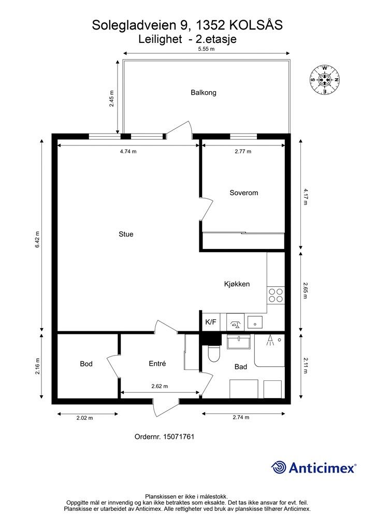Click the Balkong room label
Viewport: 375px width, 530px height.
[x=203, y=93]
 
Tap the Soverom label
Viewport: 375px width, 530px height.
[x=243, y=193]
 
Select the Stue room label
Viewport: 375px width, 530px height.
[x=126, y=234]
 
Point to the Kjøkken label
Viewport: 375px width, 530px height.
[x=237, y=284]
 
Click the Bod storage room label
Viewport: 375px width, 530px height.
[x=86, y=364]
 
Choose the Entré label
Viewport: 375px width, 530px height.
[x=157, y=363]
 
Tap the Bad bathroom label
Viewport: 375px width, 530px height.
[x=240, y=367]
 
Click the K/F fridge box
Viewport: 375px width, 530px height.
[x=211, y=322]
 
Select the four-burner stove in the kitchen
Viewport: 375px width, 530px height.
[x=275, y=296]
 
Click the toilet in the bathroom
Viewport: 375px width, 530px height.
[x=214, y=354]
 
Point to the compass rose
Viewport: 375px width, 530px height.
[x=324, y=80]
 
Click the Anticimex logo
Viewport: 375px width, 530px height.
[x=313, y=468]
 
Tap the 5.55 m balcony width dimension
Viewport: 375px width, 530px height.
[x=206, y=49]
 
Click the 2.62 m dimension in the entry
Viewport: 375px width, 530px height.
[x=160, y=386]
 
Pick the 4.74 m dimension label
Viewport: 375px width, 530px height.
[x=128, y=152]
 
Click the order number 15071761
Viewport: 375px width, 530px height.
[x=179, y=436]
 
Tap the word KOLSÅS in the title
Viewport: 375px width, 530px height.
[x=256, y=25]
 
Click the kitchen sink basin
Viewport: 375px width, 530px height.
[x=254, y=322]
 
